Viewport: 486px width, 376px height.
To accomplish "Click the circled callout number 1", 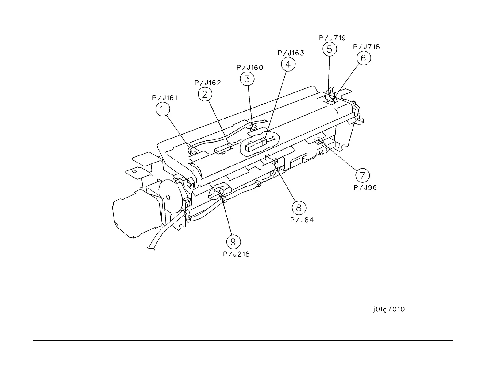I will (x=163, y=109).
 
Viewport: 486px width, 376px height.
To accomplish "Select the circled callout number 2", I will (x=205, y=94).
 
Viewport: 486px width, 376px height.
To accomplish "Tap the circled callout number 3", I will (x=247, y=79).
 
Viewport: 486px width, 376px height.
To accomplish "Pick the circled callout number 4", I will (x=288, y=64).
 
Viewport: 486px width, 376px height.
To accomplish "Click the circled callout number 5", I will (x=330, y=49).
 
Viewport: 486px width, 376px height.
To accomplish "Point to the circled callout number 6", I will (x=364, y=58).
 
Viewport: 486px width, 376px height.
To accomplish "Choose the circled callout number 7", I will (x=362, y=175).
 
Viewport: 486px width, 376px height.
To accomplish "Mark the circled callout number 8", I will (x=299, y=208).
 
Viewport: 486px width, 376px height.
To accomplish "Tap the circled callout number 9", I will (x=233, y=242).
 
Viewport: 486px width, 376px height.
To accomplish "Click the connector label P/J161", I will (x=165, y=98).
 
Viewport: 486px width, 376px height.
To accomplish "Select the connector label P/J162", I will (x=208, y=83).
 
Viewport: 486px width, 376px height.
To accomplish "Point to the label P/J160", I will (x=250, y=68).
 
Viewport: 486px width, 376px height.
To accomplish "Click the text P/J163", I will (x=291, y=53).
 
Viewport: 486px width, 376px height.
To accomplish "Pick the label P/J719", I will (x=332, y=38).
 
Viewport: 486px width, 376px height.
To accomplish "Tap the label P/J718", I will (x=366, y=47).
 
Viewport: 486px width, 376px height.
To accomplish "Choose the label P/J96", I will (x=365, y=187).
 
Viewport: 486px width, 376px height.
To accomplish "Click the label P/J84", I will (x=302, y=220).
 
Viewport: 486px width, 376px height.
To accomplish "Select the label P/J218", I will (x=236, y=254).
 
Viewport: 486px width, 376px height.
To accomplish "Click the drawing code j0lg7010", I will (x=389, y=309).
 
